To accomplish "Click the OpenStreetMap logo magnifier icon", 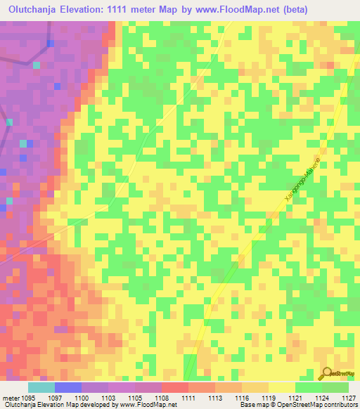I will pos(325,373).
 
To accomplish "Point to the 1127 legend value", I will pos(349,397).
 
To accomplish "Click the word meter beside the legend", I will pos(10,397).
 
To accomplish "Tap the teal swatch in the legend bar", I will pos(41,387).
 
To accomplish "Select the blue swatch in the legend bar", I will pos(67,387).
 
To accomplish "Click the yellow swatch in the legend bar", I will pos(281,387).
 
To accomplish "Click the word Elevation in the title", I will pos(94,10).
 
